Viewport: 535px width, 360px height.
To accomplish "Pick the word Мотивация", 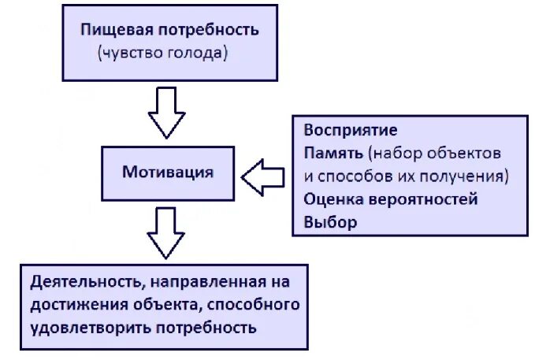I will [x=168, y=172].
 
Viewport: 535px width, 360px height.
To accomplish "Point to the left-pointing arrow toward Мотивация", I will [x=262, y=176].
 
